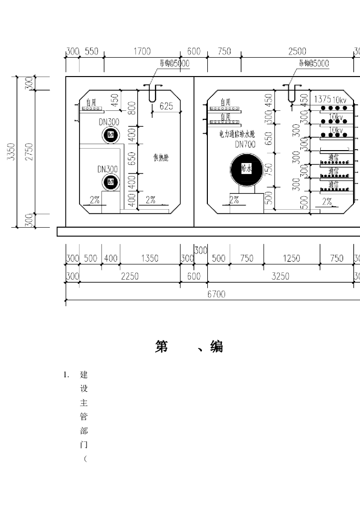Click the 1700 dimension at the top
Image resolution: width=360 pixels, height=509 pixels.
142,52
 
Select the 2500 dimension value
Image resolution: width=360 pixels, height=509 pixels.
297,52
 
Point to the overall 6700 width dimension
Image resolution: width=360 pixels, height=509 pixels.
216,294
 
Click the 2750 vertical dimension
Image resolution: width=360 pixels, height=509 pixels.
29,152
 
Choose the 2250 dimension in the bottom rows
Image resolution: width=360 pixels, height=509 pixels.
130,277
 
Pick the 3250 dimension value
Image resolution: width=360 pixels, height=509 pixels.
280,277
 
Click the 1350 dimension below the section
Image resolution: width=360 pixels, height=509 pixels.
150,258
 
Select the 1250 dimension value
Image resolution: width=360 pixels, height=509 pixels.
291,258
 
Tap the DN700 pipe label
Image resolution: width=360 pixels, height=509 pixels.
245,144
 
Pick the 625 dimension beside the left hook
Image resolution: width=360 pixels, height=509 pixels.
166,106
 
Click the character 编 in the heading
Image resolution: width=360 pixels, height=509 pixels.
216,347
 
